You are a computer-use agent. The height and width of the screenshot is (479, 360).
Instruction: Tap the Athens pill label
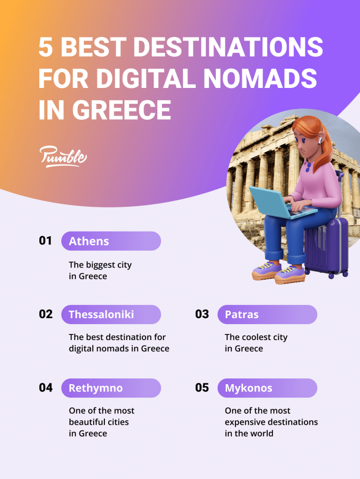tap(111, 241)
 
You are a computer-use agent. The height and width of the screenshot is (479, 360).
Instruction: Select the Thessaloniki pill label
tap(111, 314)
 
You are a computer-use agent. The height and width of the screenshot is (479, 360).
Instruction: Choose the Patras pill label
tap(267, 314)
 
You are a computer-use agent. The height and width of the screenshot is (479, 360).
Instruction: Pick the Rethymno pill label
tap(111, 388)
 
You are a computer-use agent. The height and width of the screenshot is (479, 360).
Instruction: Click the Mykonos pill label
tap(267, 388)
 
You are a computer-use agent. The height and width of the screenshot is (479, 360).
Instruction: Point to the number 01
tap(45, 241)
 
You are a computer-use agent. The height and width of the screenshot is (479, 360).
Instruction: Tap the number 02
tap(46, 314)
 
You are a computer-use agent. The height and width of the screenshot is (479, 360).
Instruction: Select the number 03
tap(202, 314)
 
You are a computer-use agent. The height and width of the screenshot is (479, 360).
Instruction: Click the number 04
tap(46, 388)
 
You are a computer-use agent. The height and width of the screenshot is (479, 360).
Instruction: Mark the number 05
tap(202, 388)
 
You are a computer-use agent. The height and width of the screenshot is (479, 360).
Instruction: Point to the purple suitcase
tap(328, 246)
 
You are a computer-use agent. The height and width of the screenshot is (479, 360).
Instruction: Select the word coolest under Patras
tap(258, 337)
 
